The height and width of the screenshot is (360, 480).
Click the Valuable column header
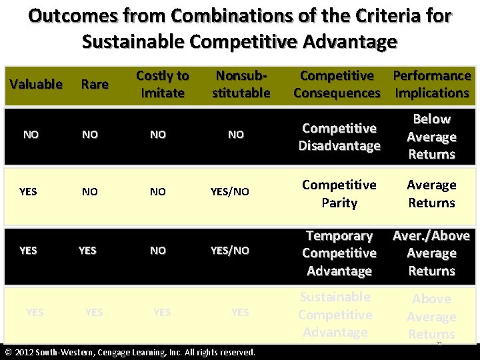(x=36, y=84)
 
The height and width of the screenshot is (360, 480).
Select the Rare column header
(x=95, y=84)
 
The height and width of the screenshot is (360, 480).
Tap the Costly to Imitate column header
(x=163, y=84)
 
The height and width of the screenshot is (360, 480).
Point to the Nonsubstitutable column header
(x=241, y=84)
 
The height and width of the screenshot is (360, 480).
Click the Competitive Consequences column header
(x=337, y=84)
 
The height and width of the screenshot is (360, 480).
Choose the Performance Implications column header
(x=432, y=84)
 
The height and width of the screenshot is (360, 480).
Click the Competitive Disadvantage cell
(x=339, y=137)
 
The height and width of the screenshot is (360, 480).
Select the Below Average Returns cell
(x=432, y=137)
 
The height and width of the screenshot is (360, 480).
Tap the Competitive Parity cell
(x=339, y=193)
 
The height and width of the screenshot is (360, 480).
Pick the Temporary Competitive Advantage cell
(x=339, y=253)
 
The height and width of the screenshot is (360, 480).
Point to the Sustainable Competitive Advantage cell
(x=335, y=315)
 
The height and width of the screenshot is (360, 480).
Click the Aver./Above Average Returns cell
(x=432, y=253)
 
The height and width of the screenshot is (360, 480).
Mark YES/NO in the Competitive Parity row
(x=230, y=192)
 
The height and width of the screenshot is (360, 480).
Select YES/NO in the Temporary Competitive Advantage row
(x=230, y=251)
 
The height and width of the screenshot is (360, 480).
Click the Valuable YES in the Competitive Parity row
(x=28, y=192)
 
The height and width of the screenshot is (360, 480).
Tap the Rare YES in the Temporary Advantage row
(x=87, y=251)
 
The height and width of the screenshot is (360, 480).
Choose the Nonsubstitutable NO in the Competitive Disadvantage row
(x=236, y=135)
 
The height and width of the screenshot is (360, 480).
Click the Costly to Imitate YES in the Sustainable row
(x=162, y=312)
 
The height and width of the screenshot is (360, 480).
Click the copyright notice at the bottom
(x=130, y=352)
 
